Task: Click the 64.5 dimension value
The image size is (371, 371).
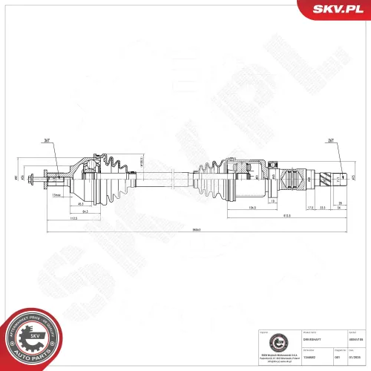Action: (x=85, y=212)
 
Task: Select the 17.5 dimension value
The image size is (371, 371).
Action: (x=289, y=209)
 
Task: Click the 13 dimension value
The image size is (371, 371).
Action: (x=273, y=201)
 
